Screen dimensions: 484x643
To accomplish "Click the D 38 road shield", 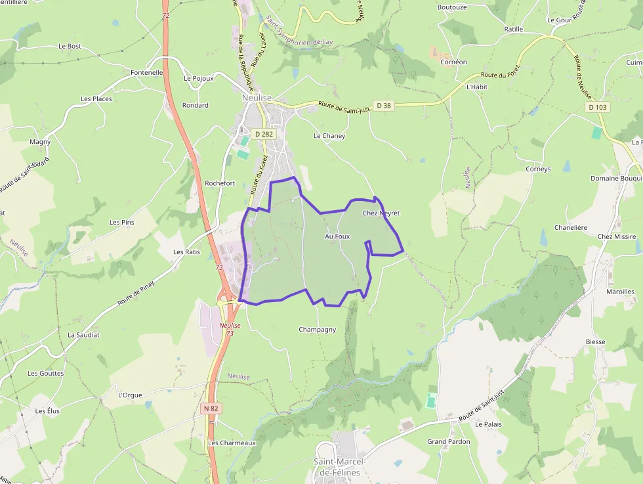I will [x=384, y=105].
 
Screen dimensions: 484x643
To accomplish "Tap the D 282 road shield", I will [x=264, y=134].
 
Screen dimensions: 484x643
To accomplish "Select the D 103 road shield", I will [x=598, y=106].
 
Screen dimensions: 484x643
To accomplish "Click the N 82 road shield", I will [x=211, y=408].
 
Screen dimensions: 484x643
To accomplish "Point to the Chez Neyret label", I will [x=381, y=213].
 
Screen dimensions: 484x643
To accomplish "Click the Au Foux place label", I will [x=337, y=236].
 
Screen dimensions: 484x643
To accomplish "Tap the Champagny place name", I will [x=317, y=330].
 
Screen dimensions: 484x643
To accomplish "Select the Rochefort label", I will [x=220, y=183].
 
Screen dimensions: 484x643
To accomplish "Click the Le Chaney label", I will [x=329, y=136].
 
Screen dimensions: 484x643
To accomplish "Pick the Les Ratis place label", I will [x=186, y=252].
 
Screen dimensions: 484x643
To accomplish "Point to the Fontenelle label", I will [x=147, y=72].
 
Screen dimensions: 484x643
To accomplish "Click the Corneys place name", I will [x=538, y=169].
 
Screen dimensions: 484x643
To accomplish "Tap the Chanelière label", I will [x=570, y=227].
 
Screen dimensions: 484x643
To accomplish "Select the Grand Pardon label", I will [x=449, y=442].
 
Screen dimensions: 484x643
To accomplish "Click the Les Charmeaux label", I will [x=232, y=443].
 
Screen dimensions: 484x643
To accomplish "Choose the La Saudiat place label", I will [x=83, y=334].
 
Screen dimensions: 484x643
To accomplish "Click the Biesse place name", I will [x=596, y=342].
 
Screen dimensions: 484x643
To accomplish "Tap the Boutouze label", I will [x=452, y=7].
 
